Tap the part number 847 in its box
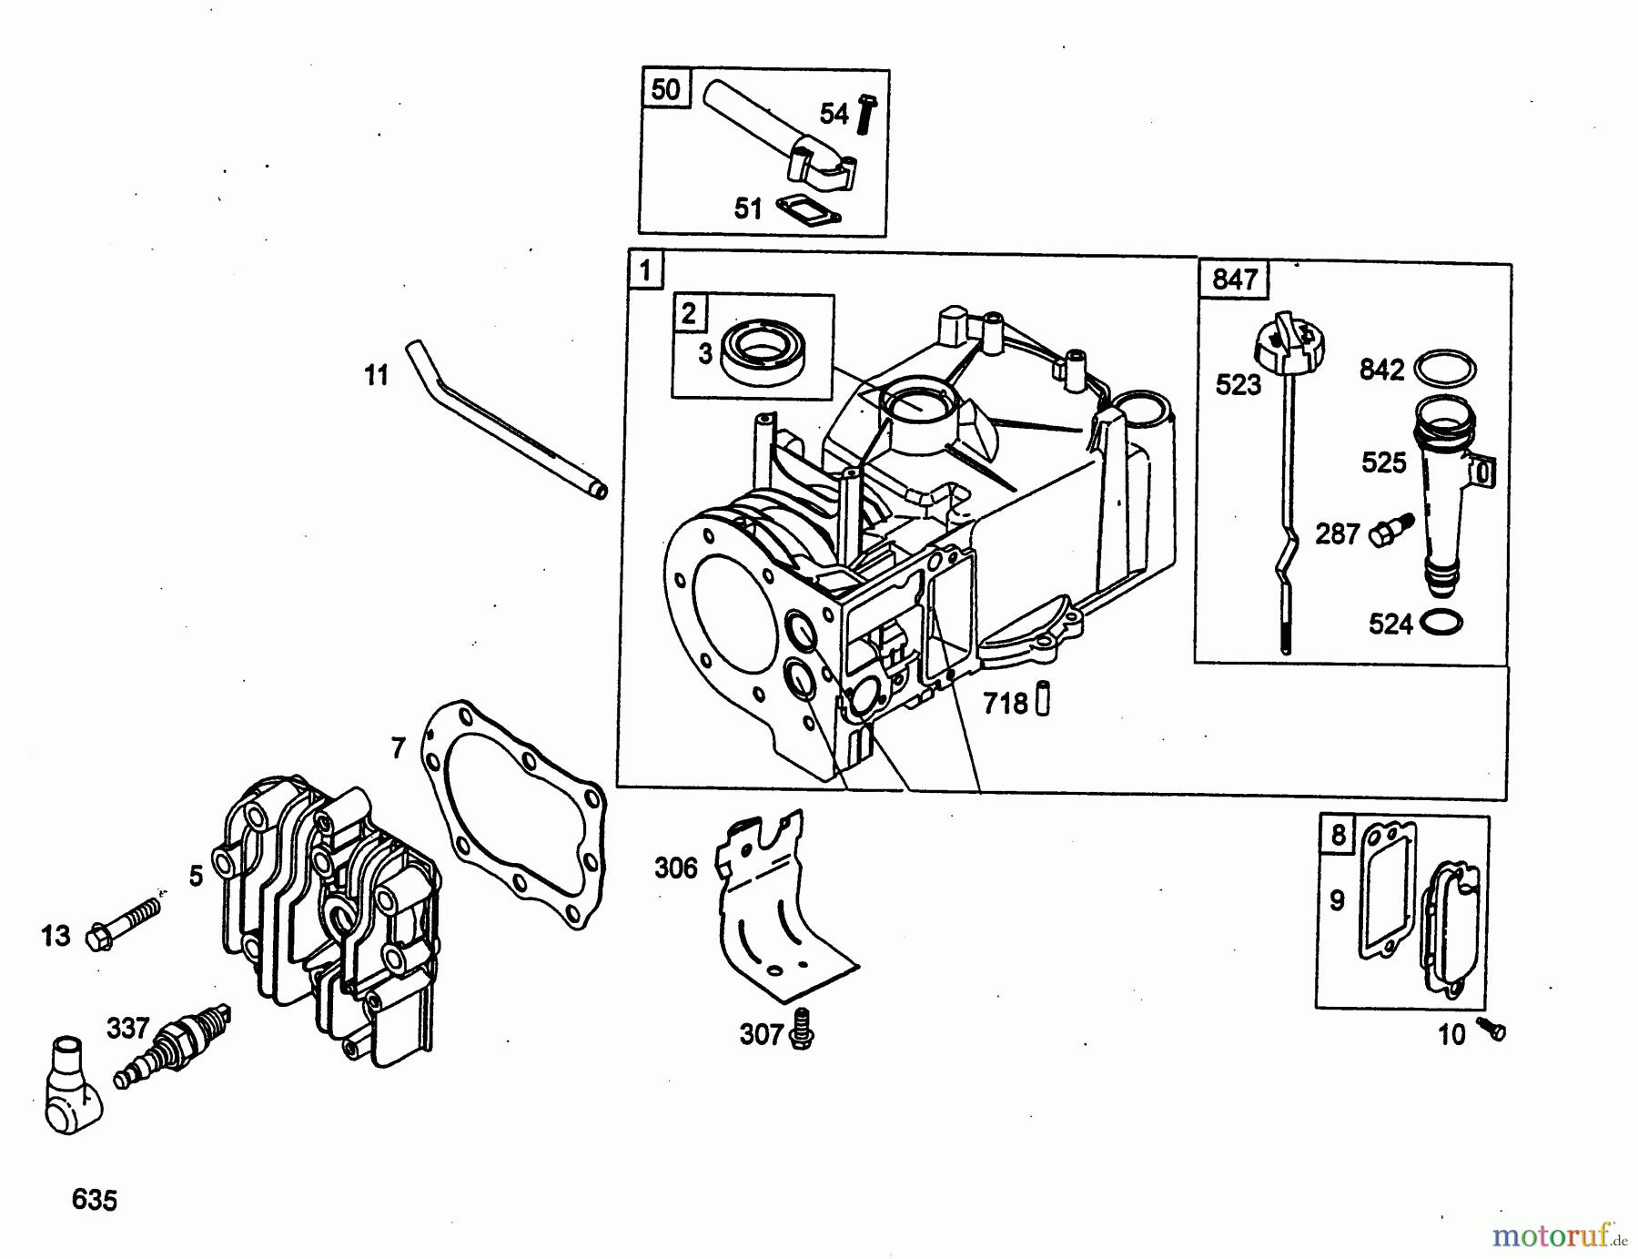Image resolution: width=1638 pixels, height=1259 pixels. (1235, 279)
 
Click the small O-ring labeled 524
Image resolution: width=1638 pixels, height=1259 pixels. (1441, 623)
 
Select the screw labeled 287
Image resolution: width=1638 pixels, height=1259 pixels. (1388, 530)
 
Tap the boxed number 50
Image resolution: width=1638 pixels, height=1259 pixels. (665, 89)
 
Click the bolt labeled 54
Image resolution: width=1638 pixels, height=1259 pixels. (865, 114)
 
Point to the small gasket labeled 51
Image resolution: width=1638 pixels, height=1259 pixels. (808, 209)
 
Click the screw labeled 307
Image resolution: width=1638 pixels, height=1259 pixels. (802, 1029)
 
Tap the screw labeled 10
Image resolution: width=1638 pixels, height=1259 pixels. (1492, 1029)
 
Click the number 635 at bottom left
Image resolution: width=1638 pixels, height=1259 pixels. (95, 1200)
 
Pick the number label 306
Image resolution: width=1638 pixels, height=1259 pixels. (676, 868)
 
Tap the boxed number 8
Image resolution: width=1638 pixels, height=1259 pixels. (1338, 835)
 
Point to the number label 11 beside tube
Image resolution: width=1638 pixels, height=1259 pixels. (376, 375)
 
